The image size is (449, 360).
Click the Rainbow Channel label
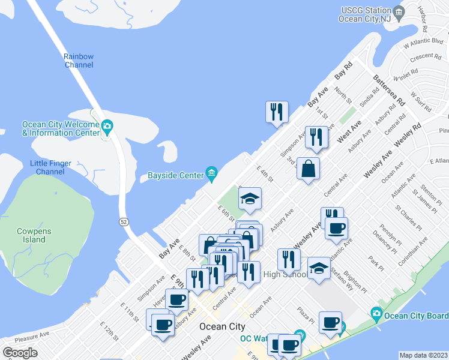coord(79,60)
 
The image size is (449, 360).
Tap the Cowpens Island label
coord(30,235)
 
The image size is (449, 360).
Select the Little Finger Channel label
coord(51,167)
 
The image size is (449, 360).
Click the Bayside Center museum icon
coord(211,174)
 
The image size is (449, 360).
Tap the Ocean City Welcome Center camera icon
coord(107,126)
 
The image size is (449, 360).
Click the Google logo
coord(19,353)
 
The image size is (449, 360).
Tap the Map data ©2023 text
coord(423,355)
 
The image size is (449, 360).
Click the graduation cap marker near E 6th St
coord(250,199)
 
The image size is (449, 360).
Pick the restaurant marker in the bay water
coord(277,112)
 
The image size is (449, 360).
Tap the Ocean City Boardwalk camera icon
coord(376,313)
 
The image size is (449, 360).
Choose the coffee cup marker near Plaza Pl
coord(330,323)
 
